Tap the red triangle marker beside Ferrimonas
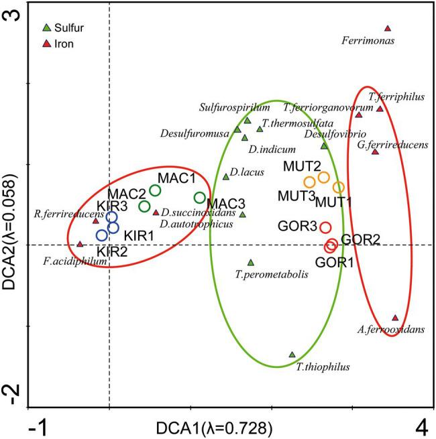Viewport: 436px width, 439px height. point(388,28)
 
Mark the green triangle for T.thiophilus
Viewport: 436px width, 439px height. point(292,355)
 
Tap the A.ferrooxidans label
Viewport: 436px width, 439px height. point(391,330)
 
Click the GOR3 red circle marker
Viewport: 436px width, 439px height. point(325,227)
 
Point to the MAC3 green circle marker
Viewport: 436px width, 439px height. point(199,197)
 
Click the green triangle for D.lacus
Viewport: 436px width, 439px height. point(226,177)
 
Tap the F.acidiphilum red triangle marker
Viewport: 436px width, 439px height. point(80,245)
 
